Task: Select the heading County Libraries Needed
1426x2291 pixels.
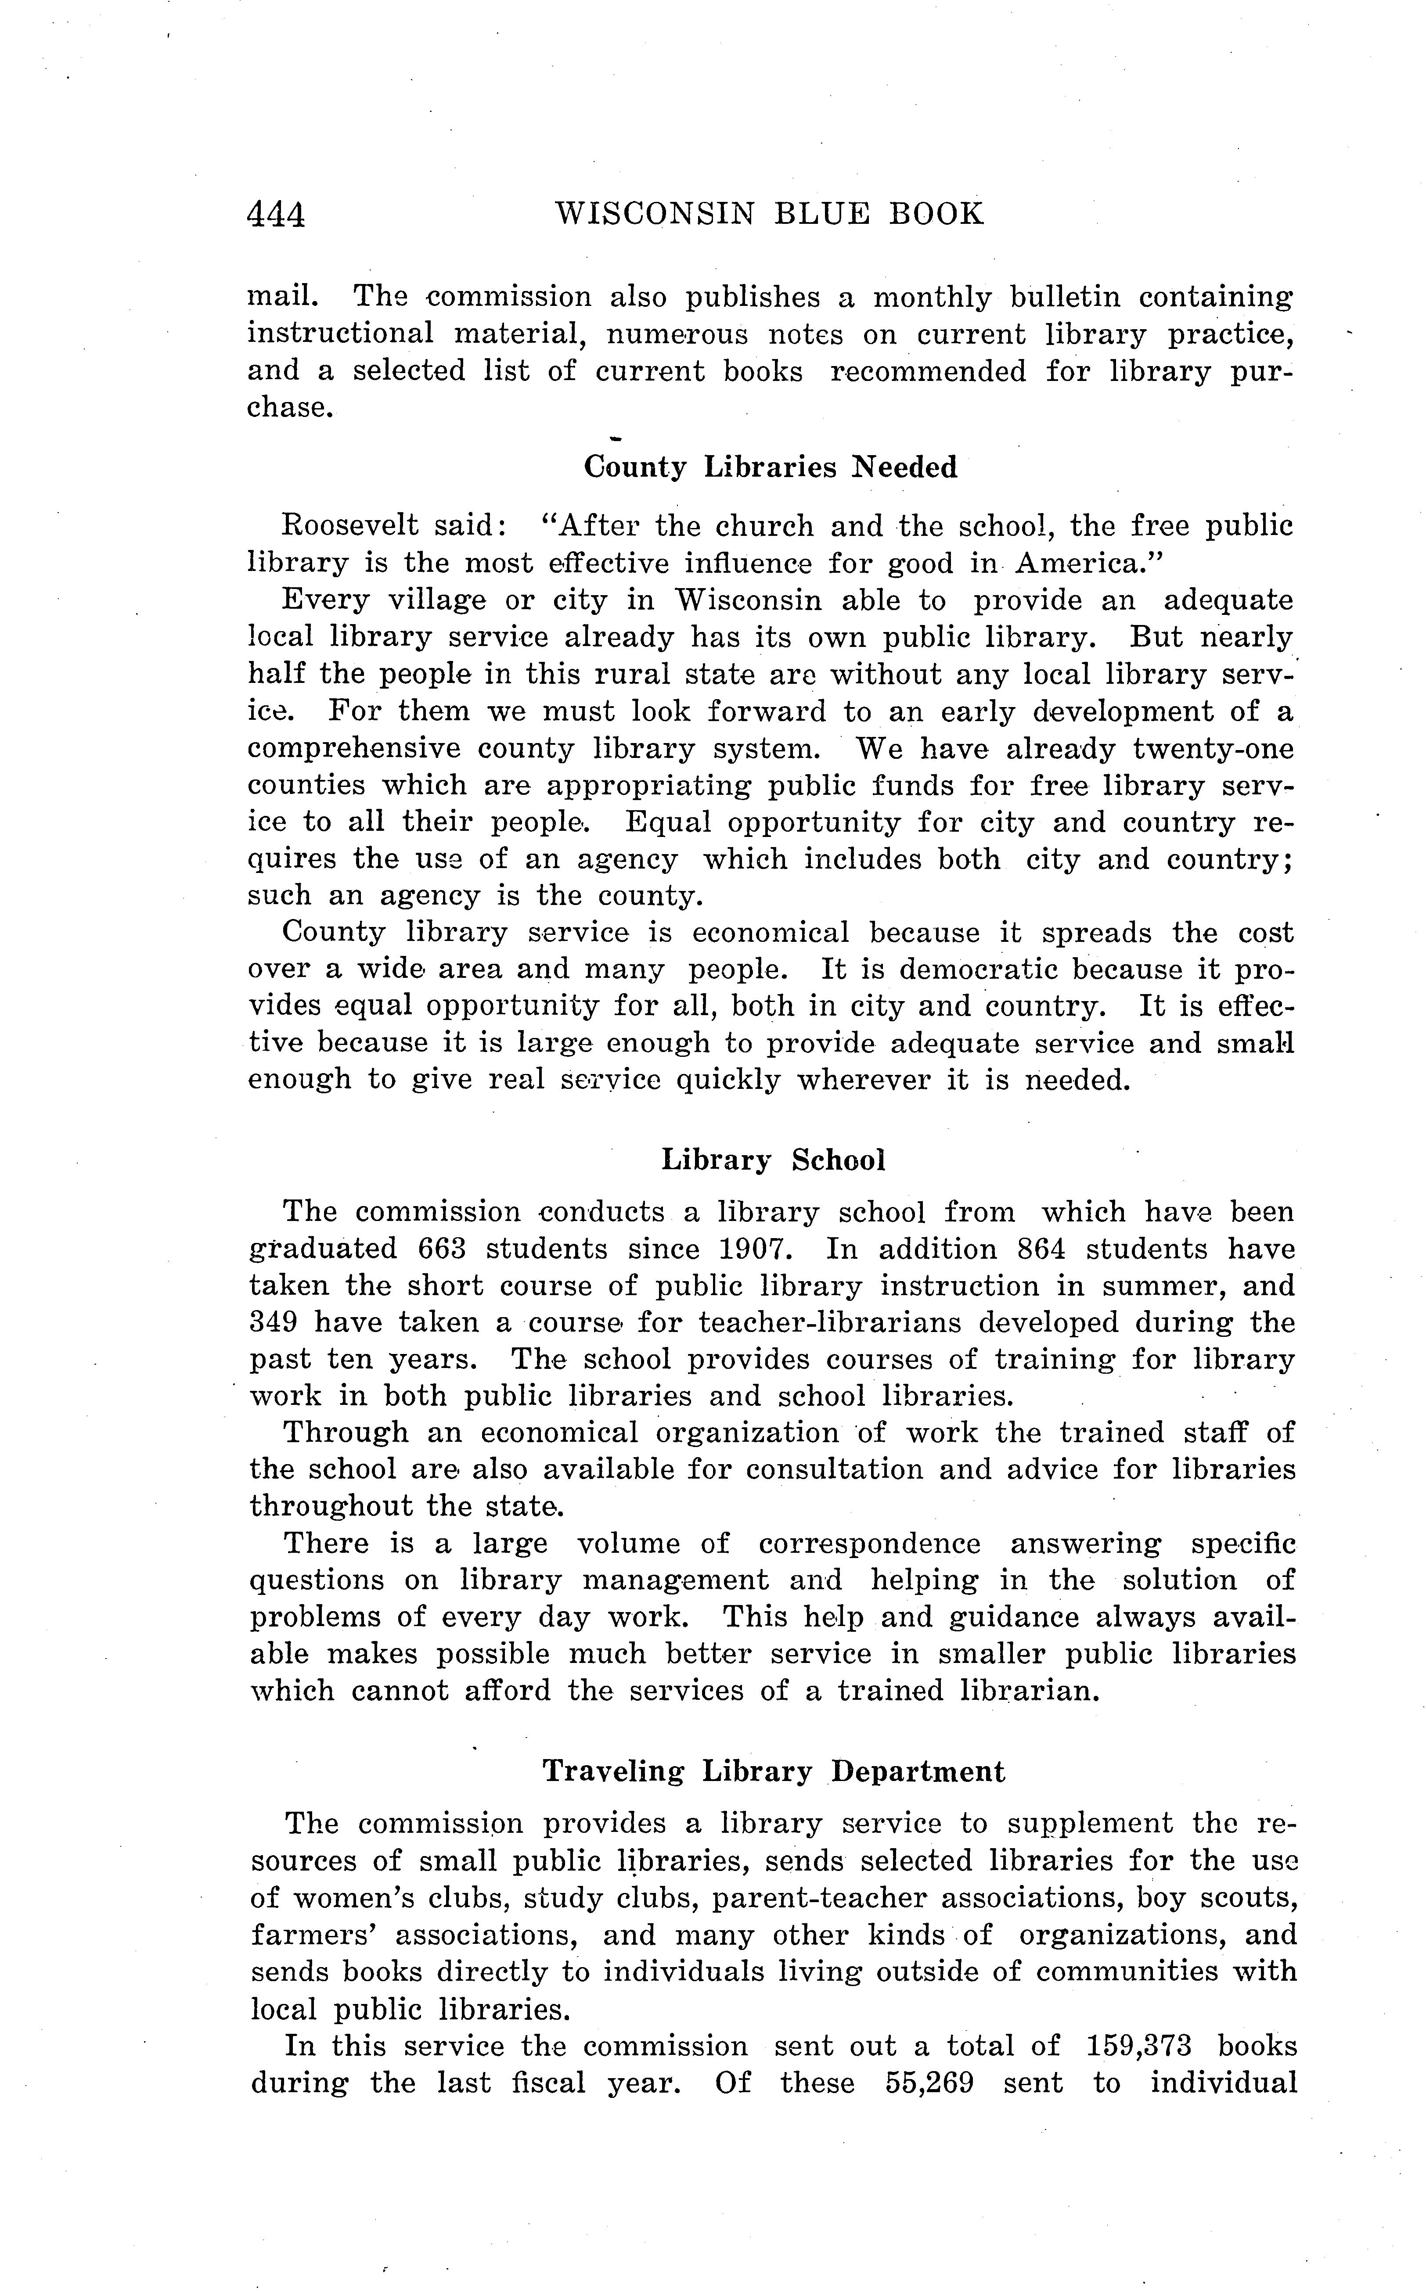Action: tap(771, 467)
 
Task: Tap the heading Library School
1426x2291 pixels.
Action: tap(773, 1160)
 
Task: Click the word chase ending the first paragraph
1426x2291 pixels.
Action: tap(288, 408)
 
